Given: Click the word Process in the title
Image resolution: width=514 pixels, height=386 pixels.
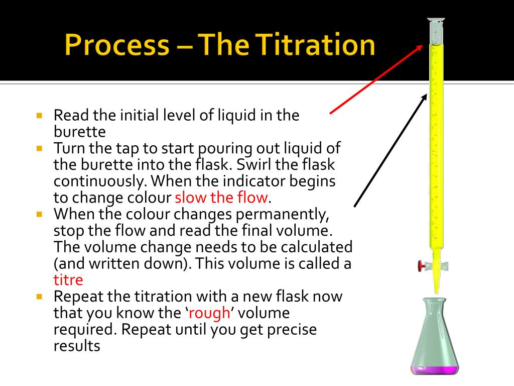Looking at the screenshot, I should coord(116,46).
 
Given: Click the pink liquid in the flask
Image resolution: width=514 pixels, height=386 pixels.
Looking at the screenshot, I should coord(435,369).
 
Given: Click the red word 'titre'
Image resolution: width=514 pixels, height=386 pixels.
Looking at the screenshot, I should coord(68,279).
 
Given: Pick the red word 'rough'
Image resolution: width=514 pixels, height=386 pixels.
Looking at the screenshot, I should coord(210,313).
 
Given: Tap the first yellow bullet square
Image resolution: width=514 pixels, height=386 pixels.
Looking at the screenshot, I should coord(40,115).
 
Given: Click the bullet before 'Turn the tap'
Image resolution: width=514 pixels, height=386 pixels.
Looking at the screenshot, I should coord(40,148).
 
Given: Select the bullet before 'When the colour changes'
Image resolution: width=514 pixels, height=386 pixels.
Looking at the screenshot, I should coord(40,214).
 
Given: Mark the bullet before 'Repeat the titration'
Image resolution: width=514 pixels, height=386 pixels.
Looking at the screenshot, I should coord(40,296).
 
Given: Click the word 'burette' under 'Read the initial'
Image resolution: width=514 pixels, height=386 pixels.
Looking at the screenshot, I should coord(80,132).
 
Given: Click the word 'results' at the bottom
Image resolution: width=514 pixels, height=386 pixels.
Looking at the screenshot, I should coord(77,346).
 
